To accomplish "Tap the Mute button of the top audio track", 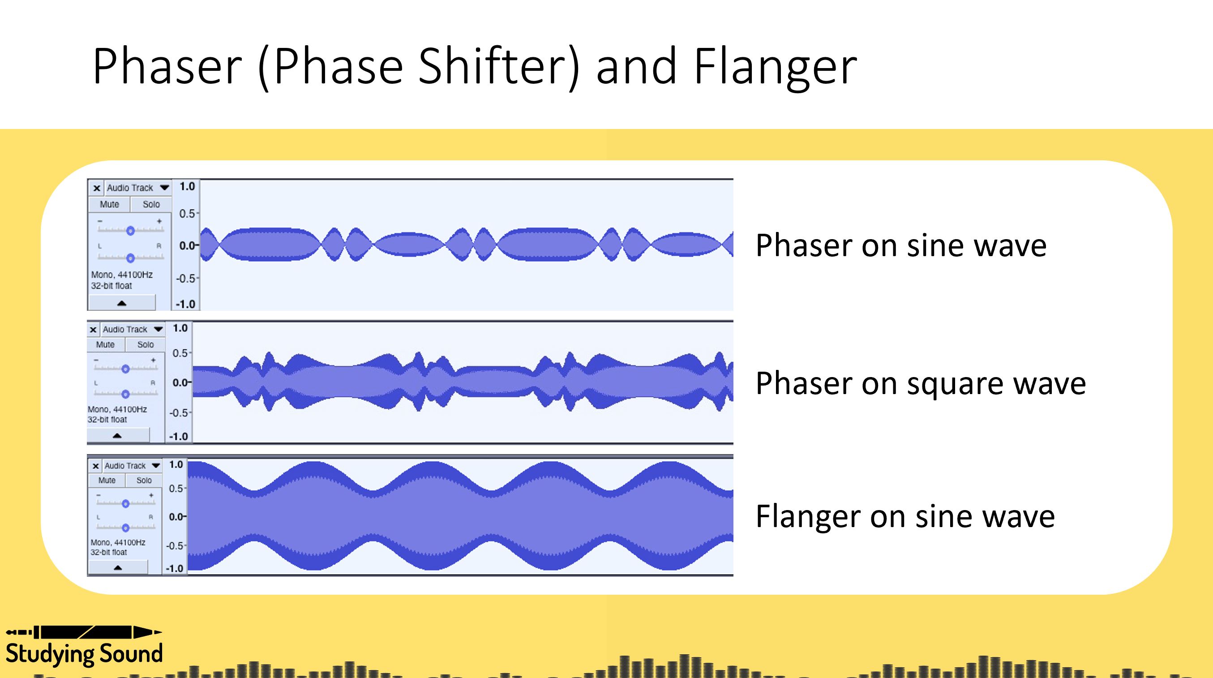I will coord(109,204).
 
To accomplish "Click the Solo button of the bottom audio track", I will coord(144,480).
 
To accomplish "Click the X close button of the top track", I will coord(97,188).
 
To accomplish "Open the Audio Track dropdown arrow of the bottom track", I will coord(156,466).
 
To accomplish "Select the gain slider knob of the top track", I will coord(130,230).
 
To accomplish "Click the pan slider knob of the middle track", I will coord(125,394).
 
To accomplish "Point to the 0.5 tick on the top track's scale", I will coord(188,214).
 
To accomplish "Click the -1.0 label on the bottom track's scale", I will coord(175,568).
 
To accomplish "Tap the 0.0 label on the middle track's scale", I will coord(181,382).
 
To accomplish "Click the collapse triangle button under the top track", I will coord(121,303).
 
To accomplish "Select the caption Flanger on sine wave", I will coord(904,516).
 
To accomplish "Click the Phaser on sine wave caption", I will coord(900,245).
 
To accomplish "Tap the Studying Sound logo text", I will coord(84,654).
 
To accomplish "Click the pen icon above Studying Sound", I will coord(84,632).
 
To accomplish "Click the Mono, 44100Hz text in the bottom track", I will coord(118,542).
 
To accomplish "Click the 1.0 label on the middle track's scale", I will coord(180,328).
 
